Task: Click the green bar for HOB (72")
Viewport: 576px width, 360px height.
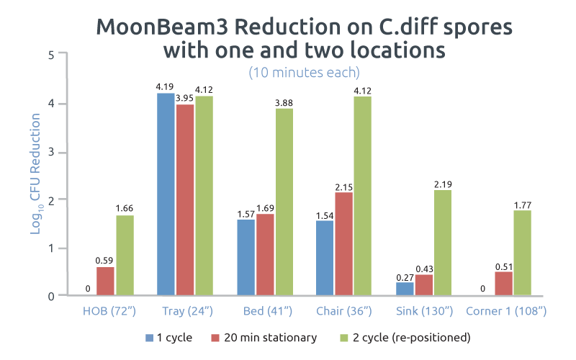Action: click(125, 256)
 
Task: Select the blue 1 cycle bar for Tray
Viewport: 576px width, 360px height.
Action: click(166, 194)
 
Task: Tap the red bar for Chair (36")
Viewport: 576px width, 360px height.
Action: click(344, 244)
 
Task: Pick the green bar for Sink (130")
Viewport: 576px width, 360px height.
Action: click(443, 243)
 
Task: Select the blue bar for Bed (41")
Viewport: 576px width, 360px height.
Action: click(246, 257)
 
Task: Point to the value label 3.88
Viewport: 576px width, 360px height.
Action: click(284, 104)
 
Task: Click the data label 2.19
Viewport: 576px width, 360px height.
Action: click(443, 185)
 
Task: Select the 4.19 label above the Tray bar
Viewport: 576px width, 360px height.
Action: click(166, 88)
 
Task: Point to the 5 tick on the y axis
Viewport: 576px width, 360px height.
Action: click(51, 55)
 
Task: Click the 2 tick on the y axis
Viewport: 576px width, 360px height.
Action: click(51, 199)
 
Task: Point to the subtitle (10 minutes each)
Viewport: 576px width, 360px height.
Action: click(304, 73)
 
